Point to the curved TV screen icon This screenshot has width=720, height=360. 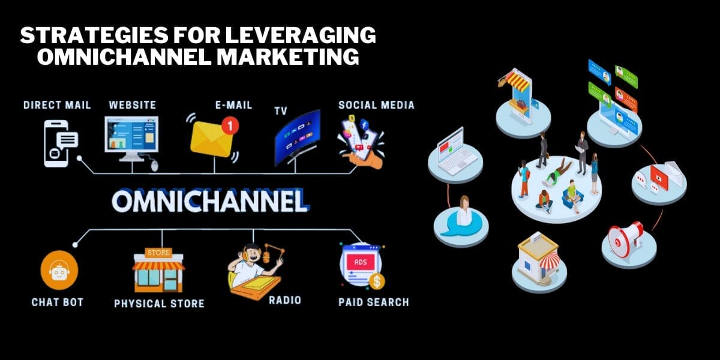297,137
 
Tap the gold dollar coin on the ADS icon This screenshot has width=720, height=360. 377,281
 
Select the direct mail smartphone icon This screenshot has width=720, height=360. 59,143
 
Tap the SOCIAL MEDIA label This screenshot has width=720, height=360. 376,105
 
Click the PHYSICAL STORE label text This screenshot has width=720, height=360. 159,304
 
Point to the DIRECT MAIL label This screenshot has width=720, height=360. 57,105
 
